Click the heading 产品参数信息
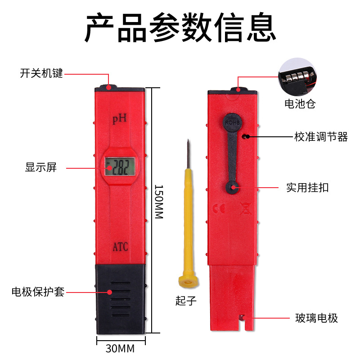click(180, 28)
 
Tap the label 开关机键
click(41, 73)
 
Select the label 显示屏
click(41, 168)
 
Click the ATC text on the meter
click(120, 247)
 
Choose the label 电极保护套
click(38, 292)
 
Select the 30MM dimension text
click(120, 348)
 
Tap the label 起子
click(186, 300)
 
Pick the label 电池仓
click(300, 104)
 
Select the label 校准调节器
click(321, 137)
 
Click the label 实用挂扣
click(307, 187)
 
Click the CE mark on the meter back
click(216, 209)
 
